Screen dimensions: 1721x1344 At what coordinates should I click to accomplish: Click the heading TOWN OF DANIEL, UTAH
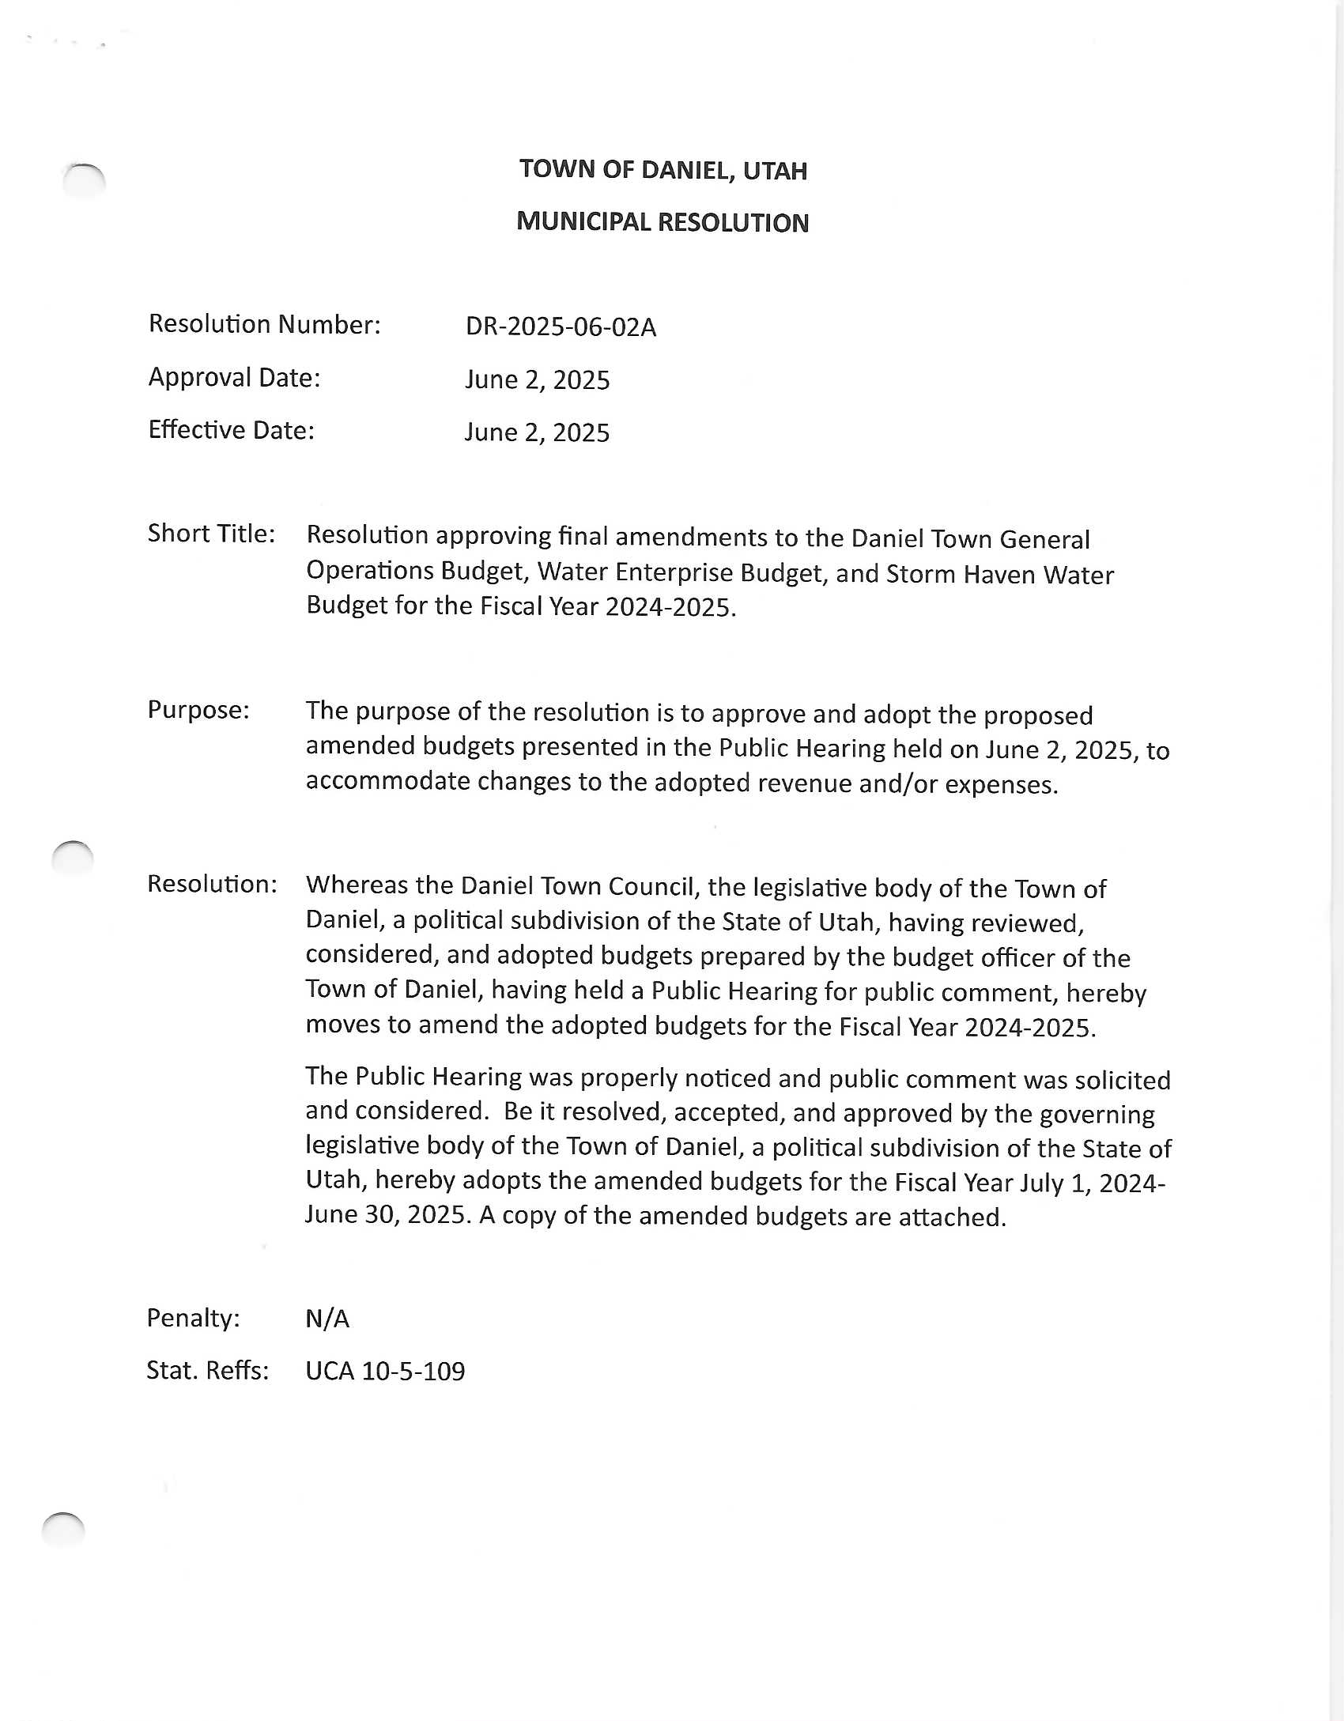663,170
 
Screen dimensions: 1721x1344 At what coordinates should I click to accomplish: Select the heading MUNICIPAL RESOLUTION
663,222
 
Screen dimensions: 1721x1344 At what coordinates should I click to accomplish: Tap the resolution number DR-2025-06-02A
561,326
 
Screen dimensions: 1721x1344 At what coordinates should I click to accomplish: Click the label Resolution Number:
264,324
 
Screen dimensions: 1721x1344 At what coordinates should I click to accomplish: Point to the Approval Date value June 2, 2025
537,379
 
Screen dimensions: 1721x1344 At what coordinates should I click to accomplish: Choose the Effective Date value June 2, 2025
537,432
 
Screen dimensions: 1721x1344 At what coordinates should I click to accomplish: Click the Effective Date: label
231,430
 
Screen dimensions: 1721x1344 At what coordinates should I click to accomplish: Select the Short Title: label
211,534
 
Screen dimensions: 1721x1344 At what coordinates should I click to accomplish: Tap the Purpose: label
198,710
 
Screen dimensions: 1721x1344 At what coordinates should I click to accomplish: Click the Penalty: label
193,1318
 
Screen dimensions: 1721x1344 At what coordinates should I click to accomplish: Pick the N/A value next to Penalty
327,1319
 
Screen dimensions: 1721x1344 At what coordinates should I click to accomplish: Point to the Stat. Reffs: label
207,1370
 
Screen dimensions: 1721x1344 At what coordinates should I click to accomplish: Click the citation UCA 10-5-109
385,1371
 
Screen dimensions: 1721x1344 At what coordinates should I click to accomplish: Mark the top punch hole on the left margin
84,181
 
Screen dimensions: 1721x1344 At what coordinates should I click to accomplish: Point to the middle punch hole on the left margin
73,858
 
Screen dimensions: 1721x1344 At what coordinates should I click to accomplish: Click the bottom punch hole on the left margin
63,1529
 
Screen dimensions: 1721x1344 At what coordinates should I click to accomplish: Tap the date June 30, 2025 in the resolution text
387,1215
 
